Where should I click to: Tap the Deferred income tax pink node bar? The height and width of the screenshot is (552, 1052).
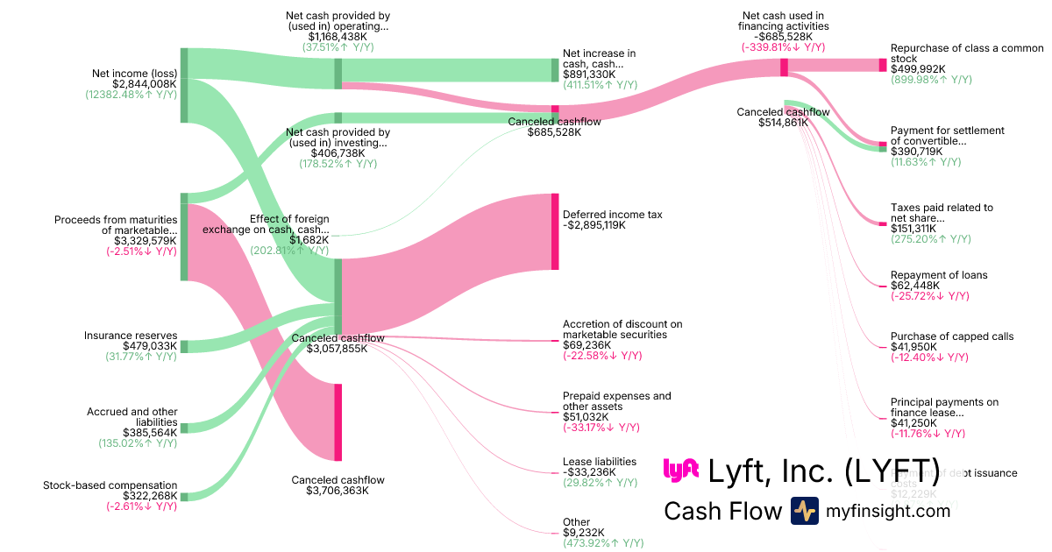[x=554, y=232]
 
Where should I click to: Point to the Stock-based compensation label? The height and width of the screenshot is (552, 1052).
[x=110, y=485]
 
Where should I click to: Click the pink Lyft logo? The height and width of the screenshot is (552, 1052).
[x=680, y=471]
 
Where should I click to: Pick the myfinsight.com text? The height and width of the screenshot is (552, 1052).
[x=888, y=511]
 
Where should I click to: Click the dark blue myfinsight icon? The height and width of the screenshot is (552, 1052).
[x=804, y=511]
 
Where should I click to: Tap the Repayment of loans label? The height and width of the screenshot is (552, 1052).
[x=938, y=275]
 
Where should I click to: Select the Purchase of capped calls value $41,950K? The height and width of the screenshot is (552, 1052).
[x=913, y=347]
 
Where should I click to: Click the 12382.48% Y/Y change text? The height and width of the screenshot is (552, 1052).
[x=131, y=95]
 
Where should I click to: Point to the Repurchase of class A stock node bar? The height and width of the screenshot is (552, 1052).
[x=883, y=65]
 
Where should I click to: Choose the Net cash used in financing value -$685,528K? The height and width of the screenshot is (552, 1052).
[x=785, y=37]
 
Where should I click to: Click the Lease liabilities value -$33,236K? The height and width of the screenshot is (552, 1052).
[x=589, y=472]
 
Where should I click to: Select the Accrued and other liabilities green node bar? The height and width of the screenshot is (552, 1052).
[x=184, y=428]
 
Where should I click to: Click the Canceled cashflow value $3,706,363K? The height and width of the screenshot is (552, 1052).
[x=338, y=491]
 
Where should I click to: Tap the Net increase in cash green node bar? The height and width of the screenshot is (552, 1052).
[x=554, y=70]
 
